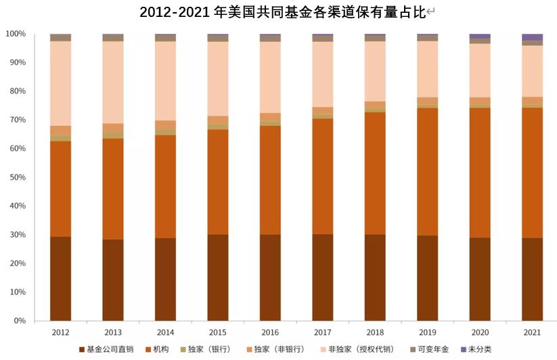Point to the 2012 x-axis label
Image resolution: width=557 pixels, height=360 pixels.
[60, 332]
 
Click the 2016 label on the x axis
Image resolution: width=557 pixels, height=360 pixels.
[270, 332]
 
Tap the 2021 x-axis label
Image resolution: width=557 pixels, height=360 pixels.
[532, 332]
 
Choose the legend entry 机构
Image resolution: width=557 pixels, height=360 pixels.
[160, 350]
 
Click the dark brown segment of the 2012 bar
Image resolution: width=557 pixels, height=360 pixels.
[60, 278]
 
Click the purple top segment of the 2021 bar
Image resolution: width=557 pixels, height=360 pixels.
[532, 37]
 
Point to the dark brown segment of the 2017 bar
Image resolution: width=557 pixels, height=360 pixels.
[322, 277]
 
